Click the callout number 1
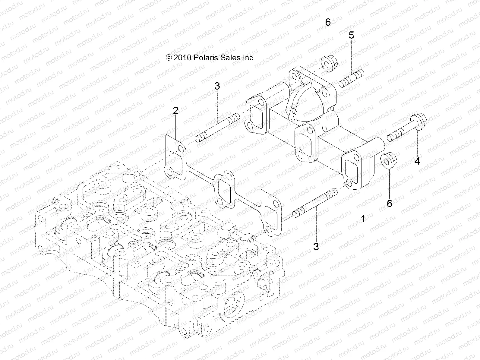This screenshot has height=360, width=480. click(363, 218)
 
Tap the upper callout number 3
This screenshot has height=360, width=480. click(217, 86)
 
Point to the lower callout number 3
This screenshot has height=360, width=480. click(316, 246)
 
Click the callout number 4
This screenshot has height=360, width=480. click(417, 161)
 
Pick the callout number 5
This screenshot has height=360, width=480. click(351, 35)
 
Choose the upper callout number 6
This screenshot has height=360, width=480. click(328, 22)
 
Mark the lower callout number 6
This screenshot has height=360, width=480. click(390, 204)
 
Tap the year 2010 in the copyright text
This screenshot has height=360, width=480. click(182, 58)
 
